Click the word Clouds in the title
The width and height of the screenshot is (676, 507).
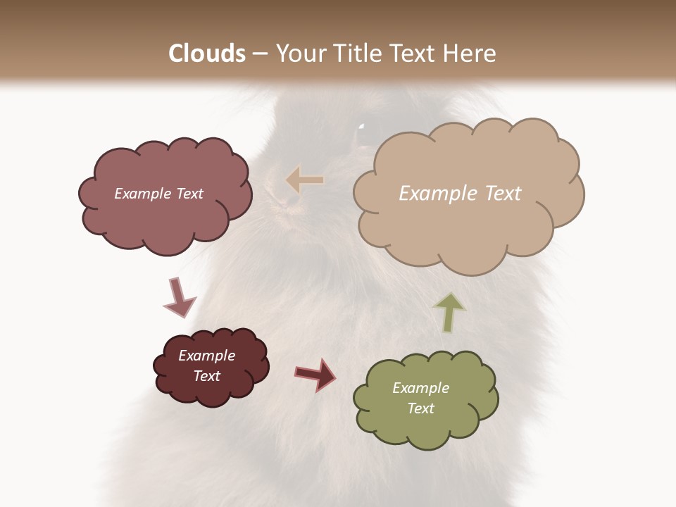(x=207, y=54)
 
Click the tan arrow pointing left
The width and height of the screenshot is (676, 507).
(x=305, y=180)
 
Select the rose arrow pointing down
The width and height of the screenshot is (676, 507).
(x=179, y=297)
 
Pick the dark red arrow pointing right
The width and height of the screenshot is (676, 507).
(x=315, y=374)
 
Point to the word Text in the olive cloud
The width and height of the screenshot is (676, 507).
(x=420, y=408)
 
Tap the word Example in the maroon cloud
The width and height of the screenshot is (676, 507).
(x=206, y=356)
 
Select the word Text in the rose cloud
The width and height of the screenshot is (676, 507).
(x=188, y=194)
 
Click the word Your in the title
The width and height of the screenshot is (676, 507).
(x=298, y=54)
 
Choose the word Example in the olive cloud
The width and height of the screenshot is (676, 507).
(x=420, y=388)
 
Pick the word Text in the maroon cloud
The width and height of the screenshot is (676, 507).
(x=206, y=376)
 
